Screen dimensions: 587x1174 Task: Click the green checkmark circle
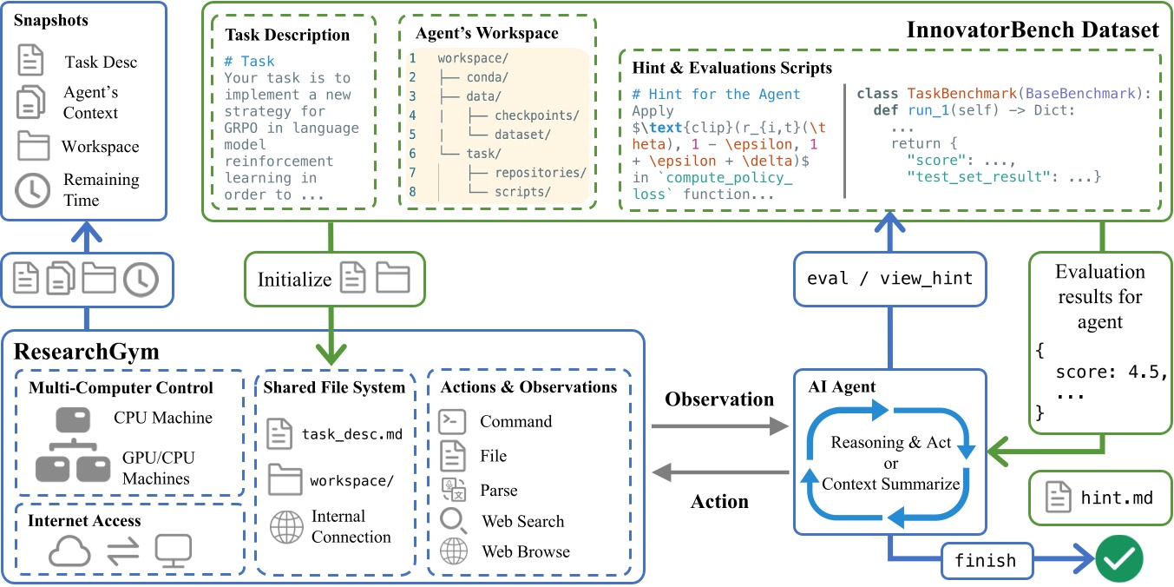click(x=1118, y=560)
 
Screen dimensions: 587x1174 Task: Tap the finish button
click(x=985, y=560)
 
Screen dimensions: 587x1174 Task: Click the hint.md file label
click(x=1116, y=498)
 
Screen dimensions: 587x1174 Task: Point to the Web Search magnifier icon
click(x=454, y=520)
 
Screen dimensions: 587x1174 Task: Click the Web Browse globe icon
click(x=454, y=551)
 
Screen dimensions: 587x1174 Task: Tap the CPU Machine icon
click(x=74, y=419)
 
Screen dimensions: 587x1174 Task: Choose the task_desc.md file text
click(x=351, y=432)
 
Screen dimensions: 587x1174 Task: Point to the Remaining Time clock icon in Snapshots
click(x=33, y=190)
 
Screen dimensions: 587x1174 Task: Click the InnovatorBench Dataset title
click(x=1033, y=30)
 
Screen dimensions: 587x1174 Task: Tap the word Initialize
click(x=295, y=280)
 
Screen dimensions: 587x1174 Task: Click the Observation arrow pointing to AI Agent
click(x=719, y=426)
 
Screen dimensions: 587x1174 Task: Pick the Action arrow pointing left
click(x=719, y=473)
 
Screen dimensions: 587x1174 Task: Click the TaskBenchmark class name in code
click(x=961, y=93)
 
